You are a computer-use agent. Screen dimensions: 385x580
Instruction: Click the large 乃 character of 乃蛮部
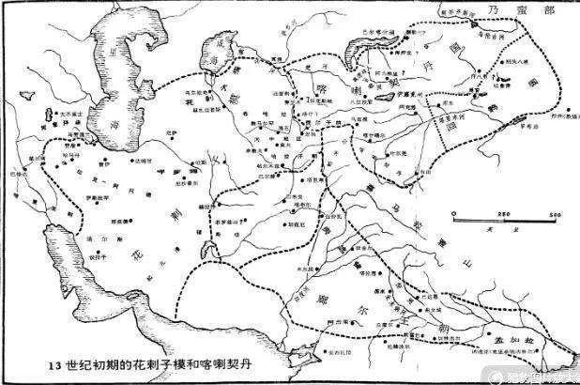[497, 10]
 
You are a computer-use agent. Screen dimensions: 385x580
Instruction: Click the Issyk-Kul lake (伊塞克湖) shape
[386, 98]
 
